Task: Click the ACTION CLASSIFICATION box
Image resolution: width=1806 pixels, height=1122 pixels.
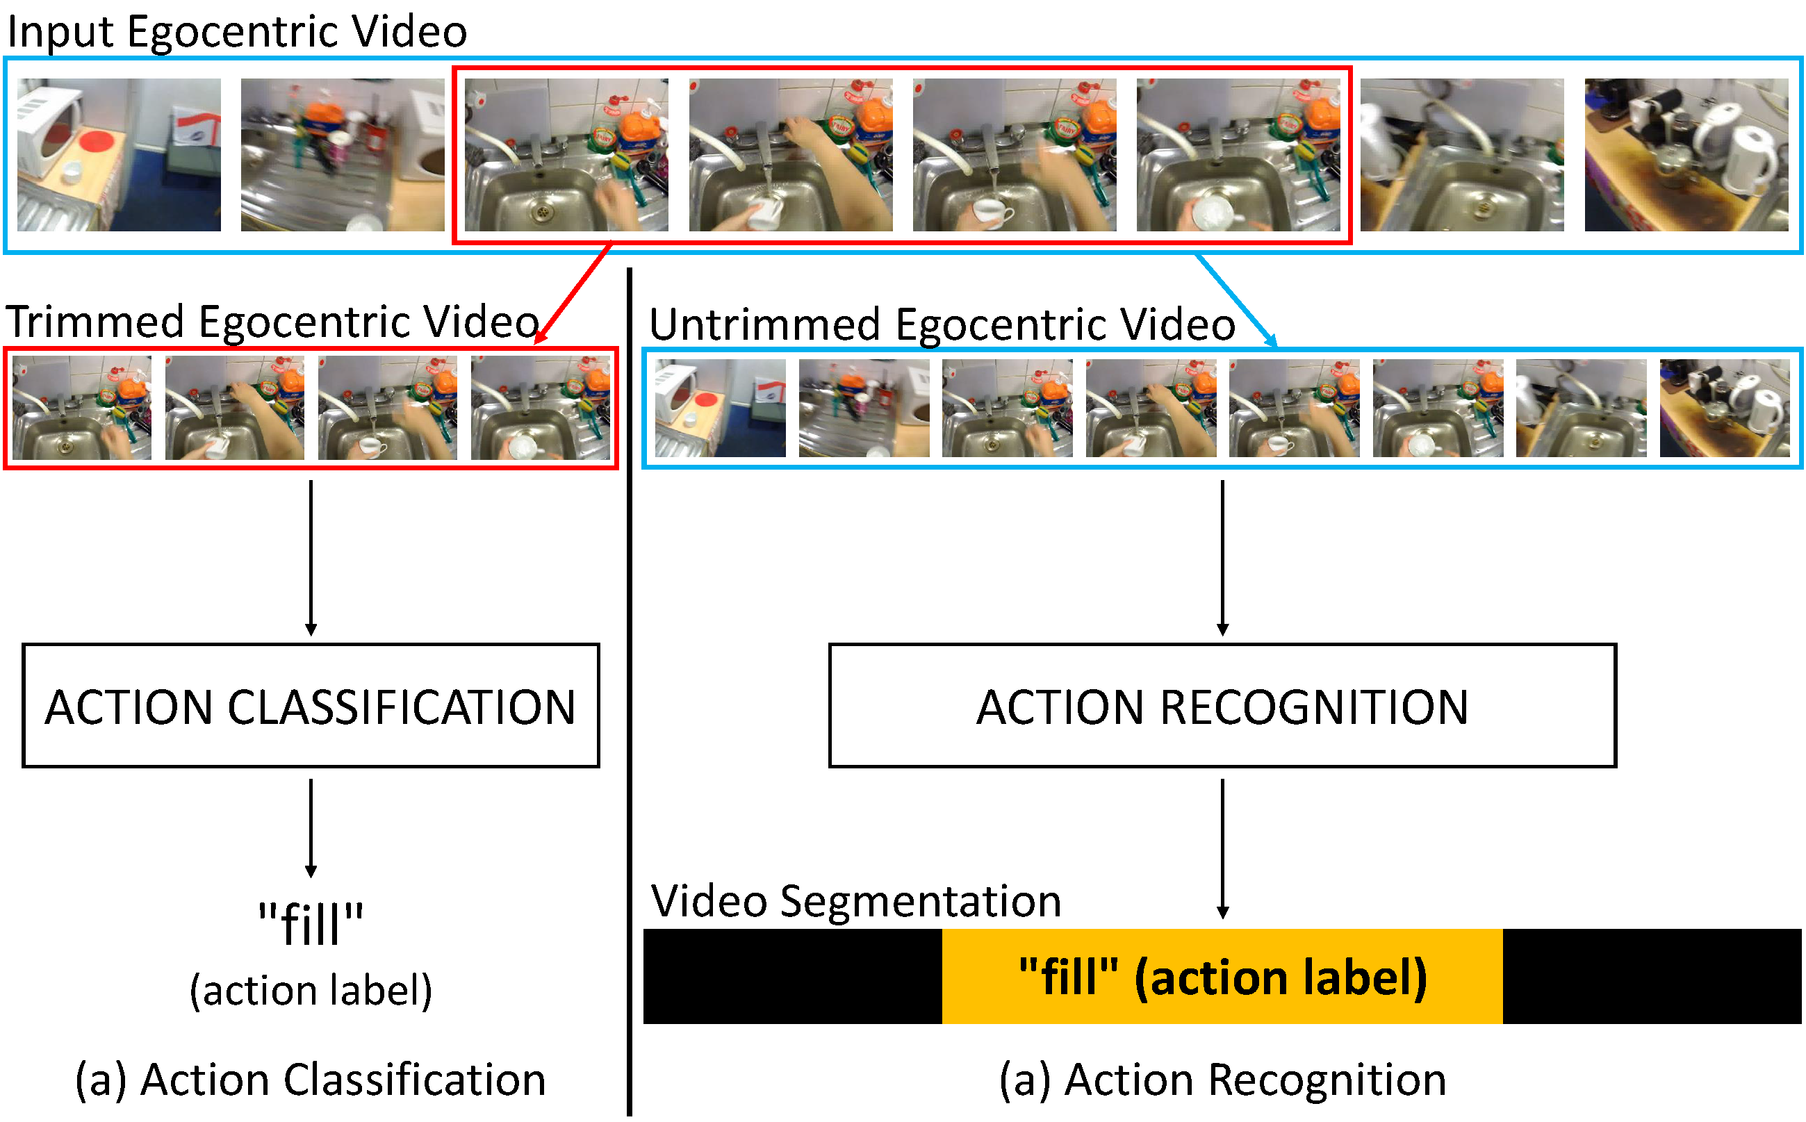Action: click(x=310, y=705)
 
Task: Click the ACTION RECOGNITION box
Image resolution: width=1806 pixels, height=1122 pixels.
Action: click(x=1222, y=705)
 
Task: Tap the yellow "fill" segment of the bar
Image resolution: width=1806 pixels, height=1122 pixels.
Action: click(x=1222, y=976)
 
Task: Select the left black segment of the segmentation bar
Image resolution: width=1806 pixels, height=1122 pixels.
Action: click(x=791, y=976)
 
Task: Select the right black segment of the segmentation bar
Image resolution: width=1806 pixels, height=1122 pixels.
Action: click(x=1651, y=976)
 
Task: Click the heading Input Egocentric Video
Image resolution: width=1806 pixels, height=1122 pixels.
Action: click(x=237, y=31)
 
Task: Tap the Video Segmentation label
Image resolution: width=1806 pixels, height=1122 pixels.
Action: click(x=855, y=901)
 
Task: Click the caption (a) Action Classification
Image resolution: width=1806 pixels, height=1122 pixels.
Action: click(x=310, y=1079)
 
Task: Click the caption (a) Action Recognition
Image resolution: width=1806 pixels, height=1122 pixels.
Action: click(x=1222, y=1079)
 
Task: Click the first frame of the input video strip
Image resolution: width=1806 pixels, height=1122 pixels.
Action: click(x=119, y=154)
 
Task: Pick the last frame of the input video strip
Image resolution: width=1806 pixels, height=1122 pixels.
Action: click(x=1685, y=154)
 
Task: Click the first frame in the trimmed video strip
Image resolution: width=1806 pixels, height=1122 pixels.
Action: click(x=81, y=407)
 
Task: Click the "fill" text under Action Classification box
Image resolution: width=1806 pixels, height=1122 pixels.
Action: click(x=310, y=923)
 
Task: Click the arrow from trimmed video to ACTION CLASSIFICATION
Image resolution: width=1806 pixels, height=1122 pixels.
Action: click(x=311, y=556)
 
